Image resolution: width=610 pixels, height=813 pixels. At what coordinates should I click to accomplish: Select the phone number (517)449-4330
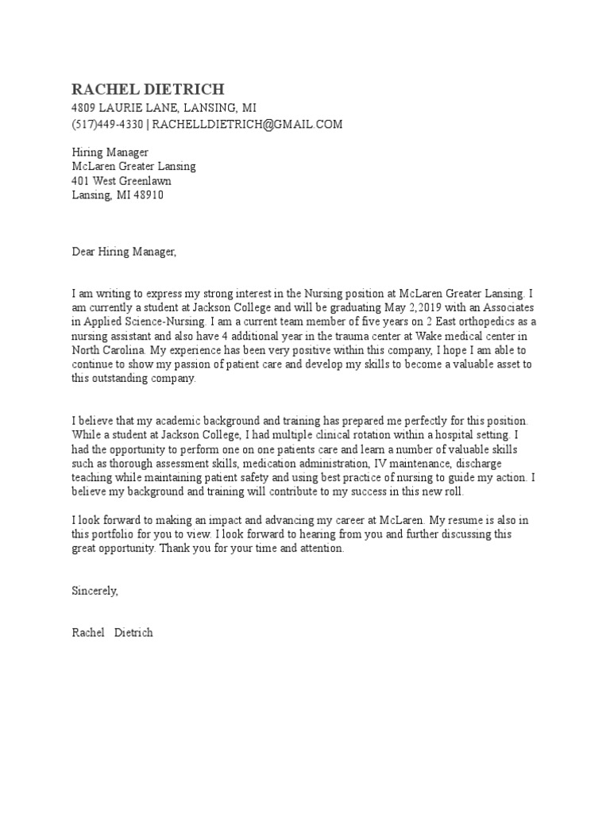click(x=107, y=124)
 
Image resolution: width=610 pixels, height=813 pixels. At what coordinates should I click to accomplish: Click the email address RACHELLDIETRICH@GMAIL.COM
click(x=247, y=124)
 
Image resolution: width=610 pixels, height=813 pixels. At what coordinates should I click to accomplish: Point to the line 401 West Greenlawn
click(x=122, y=181)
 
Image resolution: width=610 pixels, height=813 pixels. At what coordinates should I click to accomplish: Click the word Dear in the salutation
click(x=83, y=252)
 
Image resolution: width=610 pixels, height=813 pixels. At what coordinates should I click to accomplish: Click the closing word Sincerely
click(x=95, y=591)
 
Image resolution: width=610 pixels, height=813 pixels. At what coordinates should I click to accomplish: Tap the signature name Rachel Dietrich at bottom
click(x=112, y=634)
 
